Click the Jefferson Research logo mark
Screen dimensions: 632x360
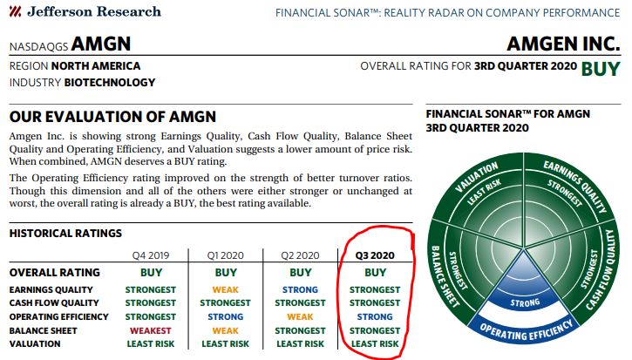(x=16, y=11)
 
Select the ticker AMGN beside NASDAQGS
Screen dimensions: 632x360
(x=101, y=44)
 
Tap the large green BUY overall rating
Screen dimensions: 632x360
(x=601, y=69)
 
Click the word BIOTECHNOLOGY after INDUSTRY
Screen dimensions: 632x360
(x=110, y=83)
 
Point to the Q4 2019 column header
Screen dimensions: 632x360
(x=151, y=255)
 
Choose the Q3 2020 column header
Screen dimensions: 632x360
(x=375, y=255)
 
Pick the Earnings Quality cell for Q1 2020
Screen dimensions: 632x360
(x=225, y=290)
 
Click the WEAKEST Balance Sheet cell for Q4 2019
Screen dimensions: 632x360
(x=151, y=330)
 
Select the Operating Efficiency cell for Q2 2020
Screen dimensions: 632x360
(x=300, y=317)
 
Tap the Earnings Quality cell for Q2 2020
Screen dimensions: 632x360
(x=300, y=290)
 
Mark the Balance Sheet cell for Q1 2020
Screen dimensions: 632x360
(x=225, y=330)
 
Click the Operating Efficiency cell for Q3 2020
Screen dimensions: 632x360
(x=375, y=317)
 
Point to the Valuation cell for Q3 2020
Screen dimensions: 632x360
(x=375, y=344)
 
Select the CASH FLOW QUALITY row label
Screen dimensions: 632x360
(x=54, y=302)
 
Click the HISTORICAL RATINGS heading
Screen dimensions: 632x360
(x=65, y=234)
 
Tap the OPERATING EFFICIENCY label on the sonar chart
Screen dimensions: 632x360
(x=526, y=330)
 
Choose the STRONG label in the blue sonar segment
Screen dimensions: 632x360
(x=525, y=302)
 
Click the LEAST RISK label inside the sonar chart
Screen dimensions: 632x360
(x=484, y=191)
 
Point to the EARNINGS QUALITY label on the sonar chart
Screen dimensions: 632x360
(x=575, y=186)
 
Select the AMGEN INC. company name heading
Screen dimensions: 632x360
(x=563, y=44)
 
